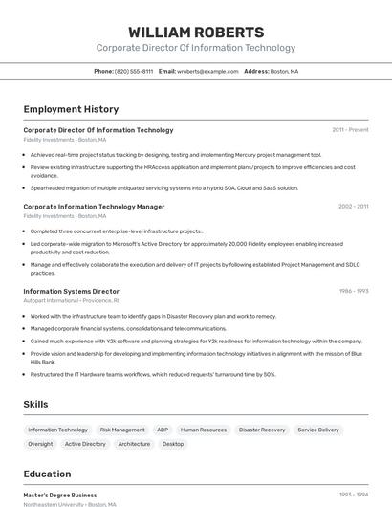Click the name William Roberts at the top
tap(196, 32)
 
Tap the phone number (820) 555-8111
tap(134, 71)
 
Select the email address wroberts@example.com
tap(207, 71)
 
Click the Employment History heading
tap(71, 109)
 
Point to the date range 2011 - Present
tap(350, 129)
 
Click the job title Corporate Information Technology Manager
tap(94, 206)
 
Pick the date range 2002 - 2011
tap(353, 206)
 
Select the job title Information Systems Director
tap(71, 291)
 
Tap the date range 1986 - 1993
tap(353, 291)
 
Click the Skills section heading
tap(35, 405)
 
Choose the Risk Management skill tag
tap(122, 430)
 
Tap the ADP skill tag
tap(163, 430)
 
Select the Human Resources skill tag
tap(204, 430)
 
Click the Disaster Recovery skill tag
tap(262, 430)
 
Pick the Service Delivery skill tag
tap(318, 430)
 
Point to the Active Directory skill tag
tap(85, 444)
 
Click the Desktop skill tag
tap(173, 444)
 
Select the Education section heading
tap(47, 474)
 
